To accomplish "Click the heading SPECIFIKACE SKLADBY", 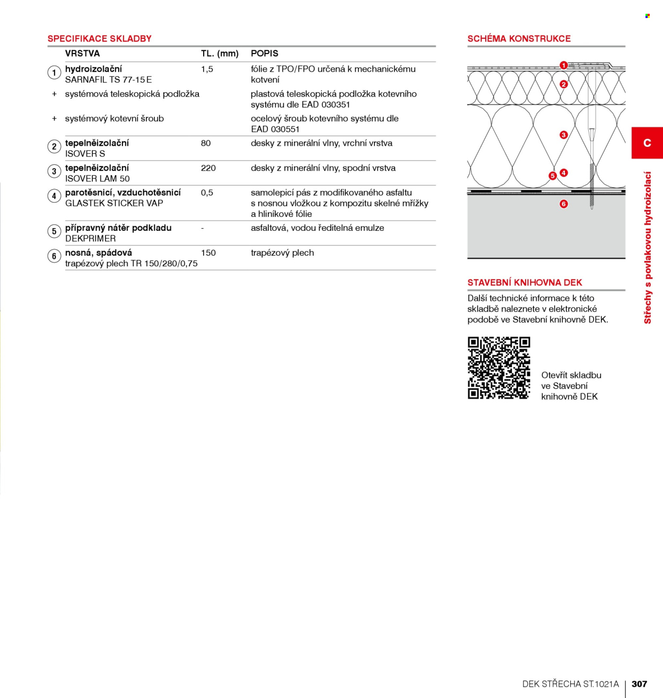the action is coord(99,39).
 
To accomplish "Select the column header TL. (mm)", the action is coord(220,54).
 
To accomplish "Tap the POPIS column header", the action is coord(265,54).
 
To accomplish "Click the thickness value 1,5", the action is coord(207,69).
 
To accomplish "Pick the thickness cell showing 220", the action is coord(208,168).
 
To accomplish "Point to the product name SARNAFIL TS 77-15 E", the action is coord(108,80).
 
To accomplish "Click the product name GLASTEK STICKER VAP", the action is coord(114,203).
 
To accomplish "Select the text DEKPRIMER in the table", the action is coord(91,238).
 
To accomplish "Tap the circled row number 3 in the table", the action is coord(54,171).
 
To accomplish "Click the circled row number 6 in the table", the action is coord(54,256).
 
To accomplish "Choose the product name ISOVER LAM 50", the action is coord(97,179).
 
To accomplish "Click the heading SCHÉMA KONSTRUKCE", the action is coord(519,39).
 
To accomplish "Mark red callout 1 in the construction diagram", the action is coord(564,65).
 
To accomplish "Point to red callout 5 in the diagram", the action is coord(553,176).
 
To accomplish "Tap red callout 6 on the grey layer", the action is coord(564,204).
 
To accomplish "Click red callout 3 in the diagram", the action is coord(564,135).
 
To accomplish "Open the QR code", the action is coord(499,368).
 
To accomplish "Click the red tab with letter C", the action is coord(647,143).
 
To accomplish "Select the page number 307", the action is coord(639,684).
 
